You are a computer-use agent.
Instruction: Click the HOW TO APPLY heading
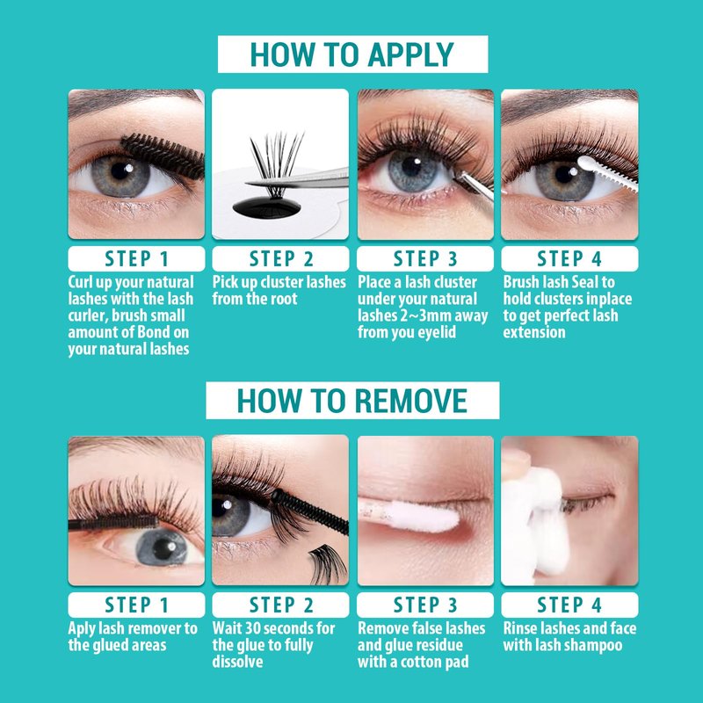(x=352, y=54)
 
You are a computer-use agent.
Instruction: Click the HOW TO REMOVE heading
(x=352, y=401)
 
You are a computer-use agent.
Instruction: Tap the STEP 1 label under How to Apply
(x=136, y=259)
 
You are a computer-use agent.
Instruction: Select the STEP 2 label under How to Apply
(x=280, y=259)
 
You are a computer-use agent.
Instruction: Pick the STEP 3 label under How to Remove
(x=425, y=605)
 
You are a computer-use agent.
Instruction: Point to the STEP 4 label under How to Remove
(x=569, y=605)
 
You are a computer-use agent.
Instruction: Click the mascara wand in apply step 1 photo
(x=163, y=156)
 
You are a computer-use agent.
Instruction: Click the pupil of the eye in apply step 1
(x=120, y=171)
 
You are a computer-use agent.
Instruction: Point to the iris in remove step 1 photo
(x=162, y=547)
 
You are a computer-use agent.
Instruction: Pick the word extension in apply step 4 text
(x=534, y=332)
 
